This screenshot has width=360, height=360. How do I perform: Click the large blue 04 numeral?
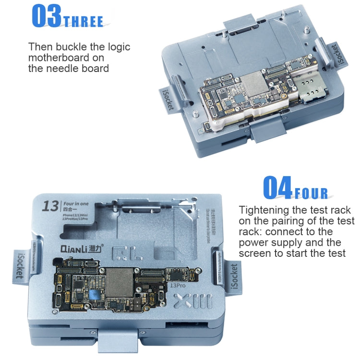[277, 188]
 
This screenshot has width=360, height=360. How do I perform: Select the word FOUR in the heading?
[311, 193]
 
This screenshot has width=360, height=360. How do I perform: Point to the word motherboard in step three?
[61, 58]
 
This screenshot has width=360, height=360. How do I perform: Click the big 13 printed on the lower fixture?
[50, 206]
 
